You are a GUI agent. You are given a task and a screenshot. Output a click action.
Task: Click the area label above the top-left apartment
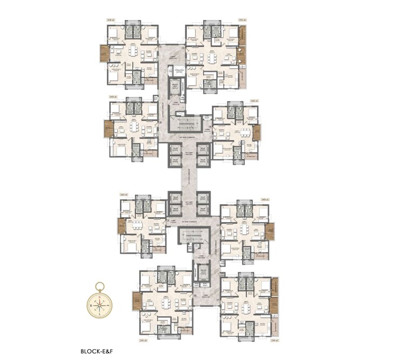pos(111,20)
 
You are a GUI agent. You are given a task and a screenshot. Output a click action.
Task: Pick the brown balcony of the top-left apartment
pos(104,53)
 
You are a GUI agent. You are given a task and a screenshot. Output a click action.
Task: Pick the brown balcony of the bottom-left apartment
pos(137,301)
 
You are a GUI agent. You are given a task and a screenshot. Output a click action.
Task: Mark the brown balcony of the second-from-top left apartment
pos(108,129)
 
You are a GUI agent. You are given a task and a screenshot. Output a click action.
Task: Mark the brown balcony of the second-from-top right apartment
pos(257,133)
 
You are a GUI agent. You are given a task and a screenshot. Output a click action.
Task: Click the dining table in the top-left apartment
pos(133,53)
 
